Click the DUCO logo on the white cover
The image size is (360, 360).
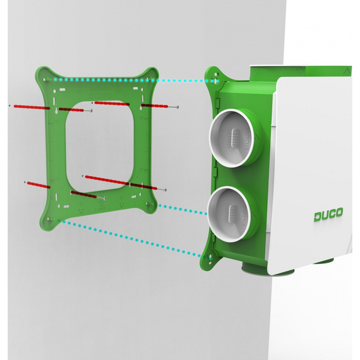328,215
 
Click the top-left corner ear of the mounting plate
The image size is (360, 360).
43,76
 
